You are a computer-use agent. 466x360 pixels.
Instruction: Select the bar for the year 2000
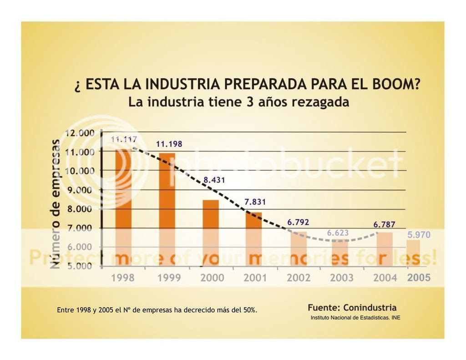tap(210, 233)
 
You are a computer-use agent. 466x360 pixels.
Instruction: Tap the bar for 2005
tap(413, 253)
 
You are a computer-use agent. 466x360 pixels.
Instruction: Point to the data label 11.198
tap(169, 144)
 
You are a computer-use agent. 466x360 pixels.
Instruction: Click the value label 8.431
tap(214, 180)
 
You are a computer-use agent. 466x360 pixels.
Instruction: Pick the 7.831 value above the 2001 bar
tap(254, 202)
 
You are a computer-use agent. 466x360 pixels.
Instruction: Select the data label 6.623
tap(338, 233)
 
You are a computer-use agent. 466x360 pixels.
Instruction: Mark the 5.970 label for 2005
tap(419, 235)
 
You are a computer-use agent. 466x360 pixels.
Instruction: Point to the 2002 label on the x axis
tap(299, 278)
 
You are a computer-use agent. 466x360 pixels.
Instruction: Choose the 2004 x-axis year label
tap(385, 278)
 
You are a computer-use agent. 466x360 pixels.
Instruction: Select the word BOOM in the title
tap(393, 85)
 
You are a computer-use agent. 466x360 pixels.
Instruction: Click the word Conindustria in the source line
tap(370, 307)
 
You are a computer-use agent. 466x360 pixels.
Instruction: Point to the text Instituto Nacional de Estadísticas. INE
tap(355, 318)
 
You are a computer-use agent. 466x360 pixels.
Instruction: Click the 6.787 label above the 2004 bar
tap(384, 224)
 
